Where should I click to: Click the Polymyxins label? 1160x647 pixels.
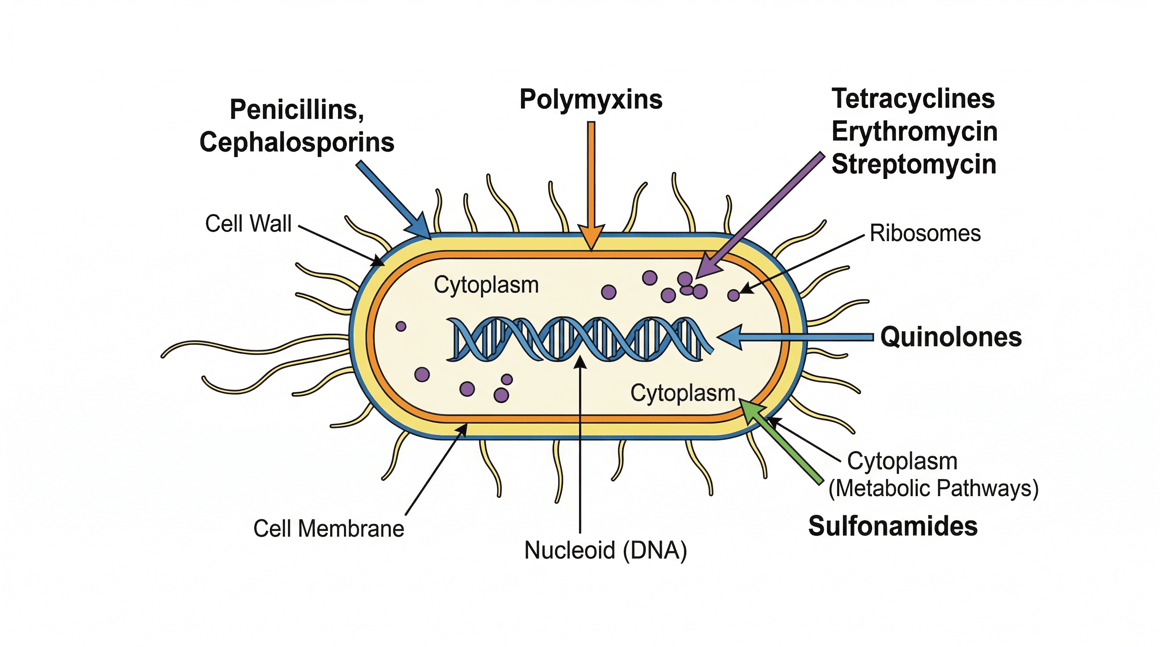[591, 99]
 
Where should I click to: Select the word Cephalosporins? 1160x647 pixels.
[297, 142]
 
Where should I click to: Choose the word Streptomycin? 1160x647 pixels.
[914, 164]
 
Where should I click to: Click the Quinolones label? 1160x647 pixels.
[951, 337]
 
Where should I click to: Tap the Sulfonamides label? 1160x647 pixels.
[892, 526]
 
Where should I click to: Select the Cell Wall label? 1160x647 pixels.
[248, 223]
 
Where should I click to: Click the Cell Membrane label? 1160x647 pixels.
[328, 528]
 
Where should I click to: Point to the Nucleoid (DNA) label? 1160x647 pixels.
[605, 550]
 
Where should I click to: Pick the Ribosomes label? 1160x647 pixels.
[925, 233]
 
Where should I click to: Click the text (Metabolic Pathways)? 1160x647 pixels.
[933, 488]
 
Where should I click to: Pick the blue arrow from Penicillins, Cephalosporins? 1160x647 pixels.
[392, 198]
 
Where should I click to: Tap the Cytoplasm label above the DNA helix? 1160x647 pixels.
[486, 285]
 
